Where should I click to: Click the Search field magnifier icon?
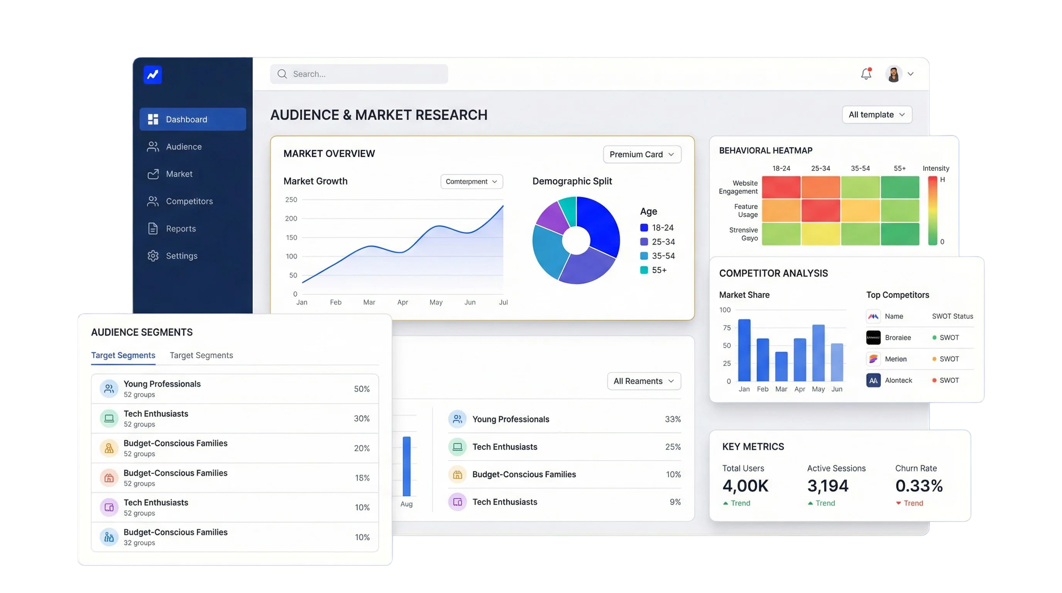[x=282, y=74]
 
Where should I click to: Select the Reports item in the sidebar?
[x=181, y=229]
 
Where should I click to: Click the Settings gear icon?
[x=153, y=256]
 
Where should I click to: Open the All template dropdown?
[x=877, y=115]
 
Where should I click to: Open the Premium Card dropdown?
[x=642, y=154]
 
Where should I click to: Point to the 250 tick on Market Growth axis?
[x=291, y=200]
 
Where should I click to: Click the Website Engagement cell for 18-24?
[x=781, y=187]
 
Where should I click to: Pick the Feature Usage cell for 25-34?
[x=820, y=210]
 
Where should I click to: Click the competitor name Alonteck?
[x=898, y=380]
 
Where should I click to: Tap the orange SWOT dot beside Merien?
[x=934, y=359]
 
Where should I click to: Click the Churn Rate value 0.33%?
[x=919, y=486]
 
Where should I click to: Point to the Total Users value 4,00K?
[x=746, y=486]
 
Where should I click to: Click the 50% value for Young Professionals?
[x=362, y=389]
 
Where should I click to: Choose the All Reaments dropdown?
[x=644, y=381]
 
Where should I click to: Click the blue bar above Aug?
[x=406, y=466]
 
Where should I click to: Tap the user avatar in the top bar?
[x=893, y=74]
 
